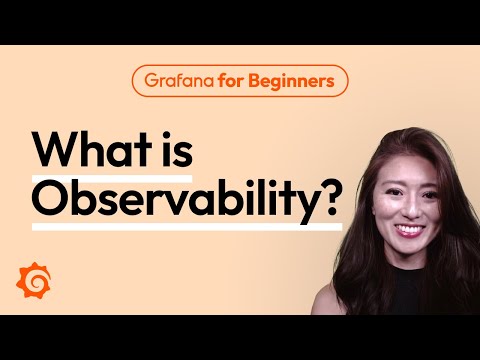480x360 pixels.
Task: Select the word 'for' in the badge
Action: [227, 81]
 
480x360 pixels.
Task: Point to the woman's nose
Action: [410, 208]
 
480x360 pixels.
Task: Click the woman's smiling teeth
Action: [411, 229]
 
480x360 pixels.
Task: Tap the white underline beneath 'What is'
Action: [110, 174]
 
